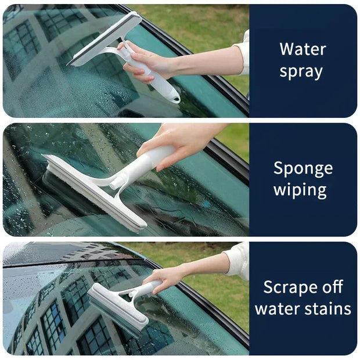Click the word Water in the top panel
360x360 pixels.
click(303, 49)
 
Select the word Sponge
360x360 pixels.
click(303, 168)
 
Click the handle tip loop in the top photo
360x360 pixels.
click(172, 96)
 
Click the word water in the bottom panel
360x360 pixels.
click(276, 308)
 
